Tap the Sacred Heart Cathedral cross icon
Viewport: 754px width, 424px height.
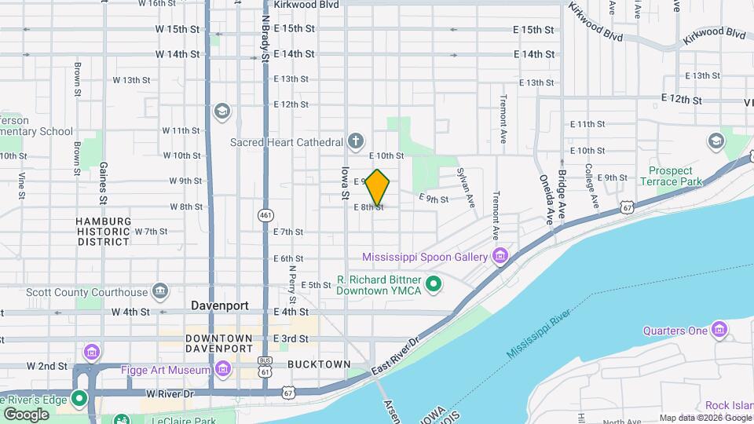point(356,141)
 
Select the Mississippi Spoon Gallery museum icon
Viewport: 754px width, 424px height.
point(500,257)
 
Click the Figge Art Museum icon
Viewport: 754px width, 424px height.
point(223,368)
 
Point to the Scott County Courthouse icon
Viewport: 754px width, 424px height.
point(160,291)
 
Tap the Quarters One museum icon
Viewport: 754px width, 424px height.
point(719,331)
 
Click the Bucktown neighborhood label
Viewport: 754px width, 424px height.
point(319,364)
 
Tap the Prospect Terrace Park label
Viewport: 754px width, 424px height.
point(671,176)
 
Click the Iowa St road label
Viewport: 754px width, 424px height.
point(344,182)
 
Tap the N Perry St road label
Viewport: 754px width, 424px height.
point(292,284)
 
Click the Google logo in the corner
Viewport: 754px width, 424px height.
point(26,414)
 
